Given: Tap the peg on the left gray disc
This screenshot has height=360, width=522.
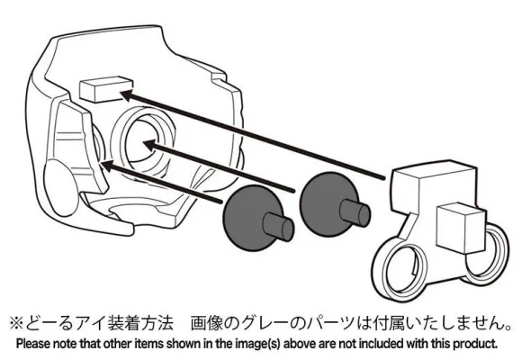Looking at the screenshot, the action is [x=279, y=227].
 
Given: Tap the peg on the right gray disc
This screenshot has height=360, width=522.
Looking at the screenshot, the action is [x=355, y=212].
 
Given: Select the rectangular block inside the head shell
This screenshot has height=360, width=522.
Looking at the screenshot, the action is [x=106, y=89].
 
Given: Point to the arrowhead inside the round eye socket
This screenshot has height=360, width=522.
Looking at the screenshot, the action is [x=150, y=146].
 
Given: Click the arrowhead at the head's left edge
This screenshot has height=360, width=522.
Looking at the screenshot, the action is [x=107, y=166].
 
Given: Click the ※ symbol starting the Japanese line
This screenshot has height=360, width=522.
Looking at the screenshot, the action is [x=16, y=323].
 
